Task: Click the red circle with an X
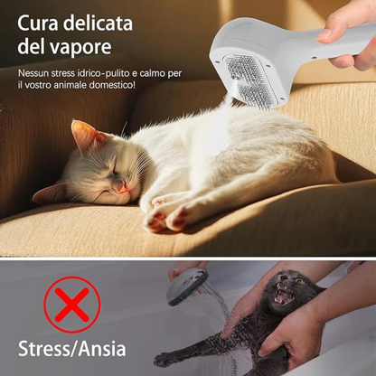(x=72, y=305)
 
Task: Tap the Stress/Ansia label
(x=72, y=349)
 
